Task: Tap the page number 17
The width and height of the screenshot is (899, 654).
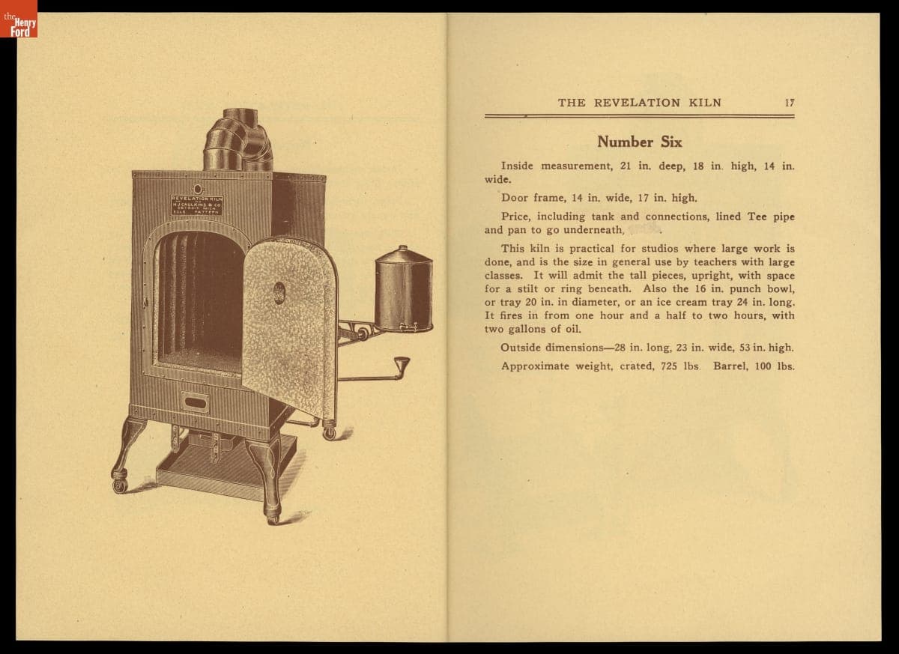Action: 790,103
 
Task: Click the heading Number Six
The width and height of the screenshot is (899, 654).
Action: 639,142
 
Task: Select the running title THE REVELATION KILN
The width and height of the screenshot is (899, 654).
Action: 639,103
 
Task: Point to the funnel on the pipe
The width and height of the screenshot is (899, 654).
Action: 402,366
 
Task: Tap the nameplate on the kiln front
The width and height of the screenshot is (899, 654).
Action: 196,205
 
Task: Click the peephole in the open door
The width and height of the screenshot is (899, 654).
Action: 279,292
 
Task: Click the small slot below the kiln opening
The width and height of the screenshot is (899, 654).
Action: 195,402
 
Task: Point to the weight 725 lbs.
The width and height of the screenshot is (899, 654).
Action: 679,366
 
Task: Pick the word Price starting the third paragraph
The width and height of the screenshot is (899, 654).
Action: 515,217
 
